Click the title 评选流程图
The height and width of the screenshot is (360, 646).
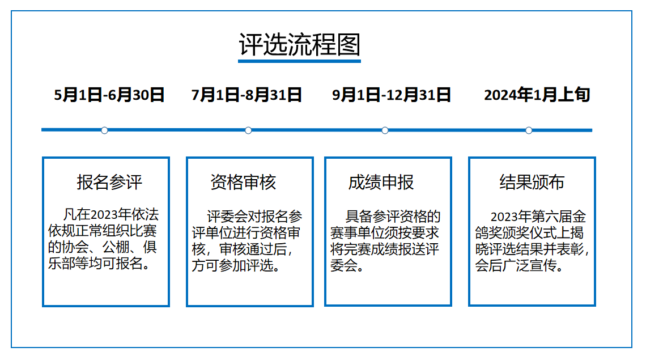pos(300,44)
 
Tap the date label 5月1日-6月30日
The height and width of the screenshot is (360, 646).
pos(109,95)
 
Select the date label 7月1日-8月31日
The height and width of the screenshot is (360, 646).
pos(246,95)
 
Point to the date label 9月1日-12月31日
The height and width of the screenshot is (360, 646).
pos(392,95)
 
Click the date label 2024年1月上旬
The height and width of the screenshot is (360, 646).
pos(537,95)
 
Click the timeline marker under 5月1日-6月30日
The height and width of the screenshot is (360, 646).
pos(105,130)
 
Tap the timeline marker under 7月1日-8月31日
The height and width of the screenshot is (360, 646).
pos(248,130)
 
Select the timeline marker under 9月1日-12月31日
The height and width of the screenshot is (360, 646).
pos(385,130)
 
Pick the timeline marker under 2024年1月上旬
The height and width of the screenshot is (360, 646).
pos(529,130)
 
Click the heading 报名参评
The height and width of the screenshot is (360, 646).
pos(109,182)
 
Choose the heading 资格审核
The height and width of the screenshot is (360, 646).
pos(243,182)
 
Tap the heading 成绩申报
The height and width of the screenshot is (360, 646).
pos(381,182)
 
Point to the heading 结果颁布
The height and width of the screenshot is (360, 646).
pos(532,182)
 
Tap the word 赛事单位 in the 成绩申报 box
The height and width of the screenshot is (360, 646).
pos(351,232)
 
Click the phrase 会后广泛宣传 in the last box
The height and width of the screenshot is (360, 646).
pos(516,265)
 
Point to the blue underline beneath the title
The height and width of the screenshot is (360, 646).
pos(300,61)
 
